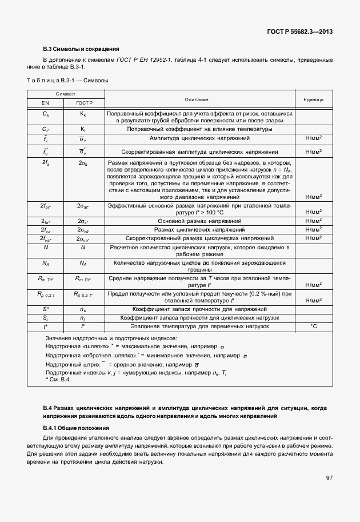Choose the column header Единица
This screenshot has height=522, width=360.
point(313,99)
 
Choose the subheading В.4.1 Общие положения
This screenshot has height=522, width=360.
point(76,428)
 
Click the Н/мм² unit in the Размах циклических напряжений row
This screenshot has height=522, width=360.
point(313,229)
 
